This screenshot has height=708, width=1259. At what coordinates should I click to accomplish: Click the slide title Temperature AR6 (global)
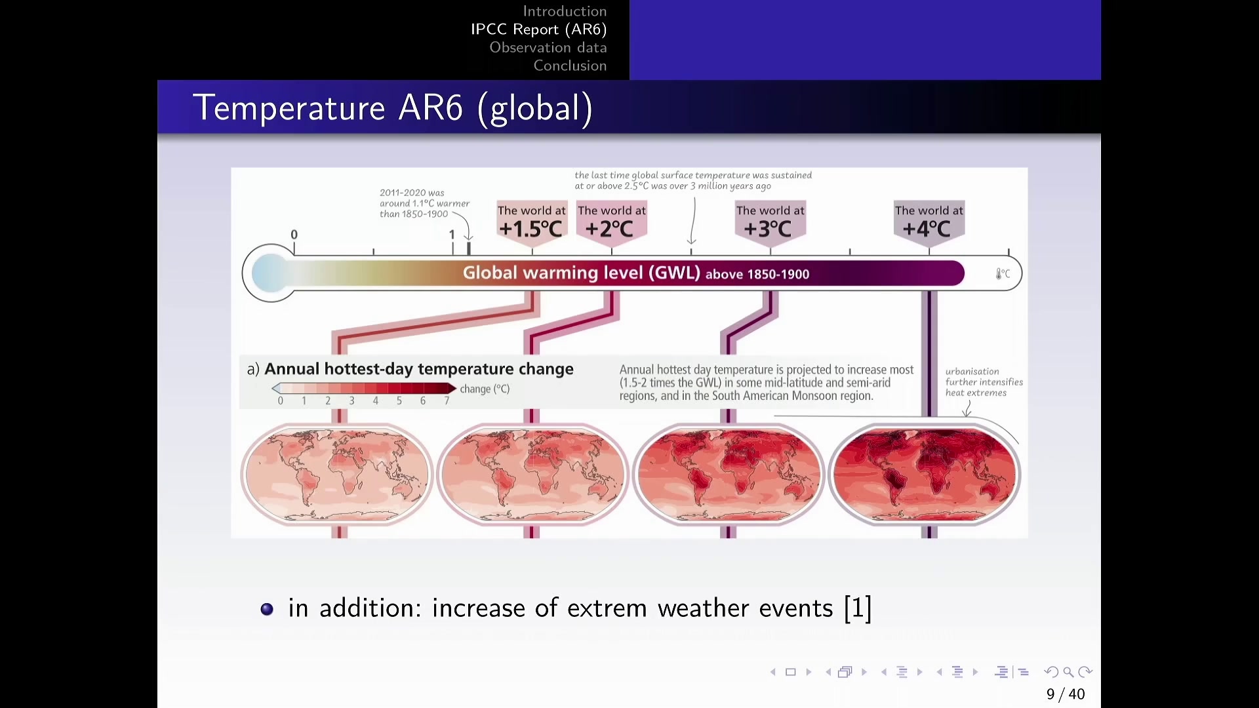click(x=393, y=108)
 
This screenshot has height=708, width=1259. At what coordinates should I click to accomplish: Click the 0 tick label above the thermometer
click(x=294, y=235)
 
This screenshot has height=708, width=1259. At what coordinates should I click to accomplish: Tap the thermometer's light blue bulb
click(x=270, y=273)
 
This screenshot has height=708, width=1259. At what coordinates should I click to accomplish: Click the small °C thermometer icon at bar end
click(x=1003, y=273)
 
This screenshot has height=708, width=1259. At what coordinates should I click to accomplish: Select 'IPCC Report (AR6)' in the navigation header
click(x=538, y=29)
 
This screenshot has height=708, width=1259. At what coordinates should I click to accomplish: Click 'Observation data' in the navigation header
click(x=548, y=47)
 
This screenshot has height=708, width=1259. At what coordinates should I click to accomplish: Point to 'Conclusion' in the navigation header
click(x=570, y=66)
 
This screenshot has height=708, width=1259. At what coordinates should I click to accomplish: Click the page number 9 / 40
click(x=1066, y=694)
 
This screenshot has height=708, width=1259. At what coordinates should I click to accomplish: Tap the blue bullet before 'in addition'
click(x=267, y=609)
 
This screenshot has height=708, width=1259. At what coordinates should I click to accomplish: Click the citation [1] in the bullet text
click(x=858, y=608)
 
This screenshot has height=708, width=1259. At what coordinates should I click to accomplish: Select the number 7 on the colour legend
click(x=447, y=401)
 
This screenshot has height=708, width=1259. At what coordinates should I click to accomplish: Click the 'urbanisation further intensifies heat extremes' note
click(x=984, y=382)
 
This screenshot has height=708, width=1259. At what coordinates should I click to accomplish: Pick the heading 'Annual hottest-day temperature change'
click(x=418, y=369)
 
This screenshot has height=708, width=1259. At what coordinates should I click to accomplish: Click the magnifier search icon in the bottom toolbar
click(x=1068, y=672)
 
